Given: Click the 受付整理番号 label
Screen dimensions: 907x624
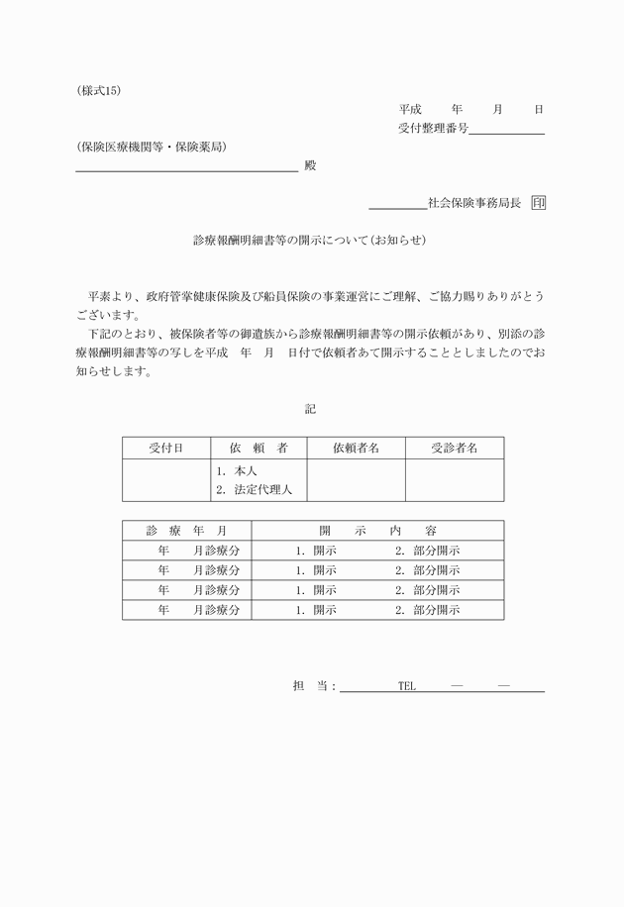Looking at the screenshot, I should (x=433, y=128).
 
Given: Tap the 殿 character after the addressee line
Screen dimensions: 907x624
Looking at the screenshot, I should (x=309, y=165).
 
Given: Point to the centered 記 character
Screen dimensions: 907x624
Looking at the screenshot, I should (x=311, y=408).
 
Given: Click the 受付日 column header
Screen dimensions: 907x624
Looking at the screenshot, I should (x=165, y=449).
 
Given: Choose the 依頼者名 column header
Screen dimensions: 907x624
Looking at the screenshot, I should (x=356, y=449).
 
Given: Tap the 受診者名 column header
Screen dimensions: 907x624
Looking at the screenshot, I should (x=454, y=449).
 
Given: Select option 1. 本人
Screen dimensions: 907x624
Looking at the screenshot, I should (x=237, y=471).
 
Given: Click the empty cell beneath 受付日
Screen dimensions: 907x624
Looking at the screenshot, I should (x=165, y=480).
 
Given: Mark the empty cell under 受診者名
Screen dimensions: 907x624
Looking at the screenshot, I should (x=454, y=480).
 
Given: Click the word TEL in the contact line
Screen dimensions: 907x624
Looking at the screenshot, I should (x=406, y=686).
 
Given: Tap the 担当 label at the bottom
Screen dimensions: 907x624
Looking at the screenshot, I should (x=310, y=686).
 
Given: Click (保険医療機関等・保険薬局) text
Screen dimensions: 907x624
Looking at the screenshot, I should (x=151, y=148).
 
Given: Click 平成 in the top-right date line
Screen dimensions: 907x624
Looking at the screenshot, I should (x=410, y=109).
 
